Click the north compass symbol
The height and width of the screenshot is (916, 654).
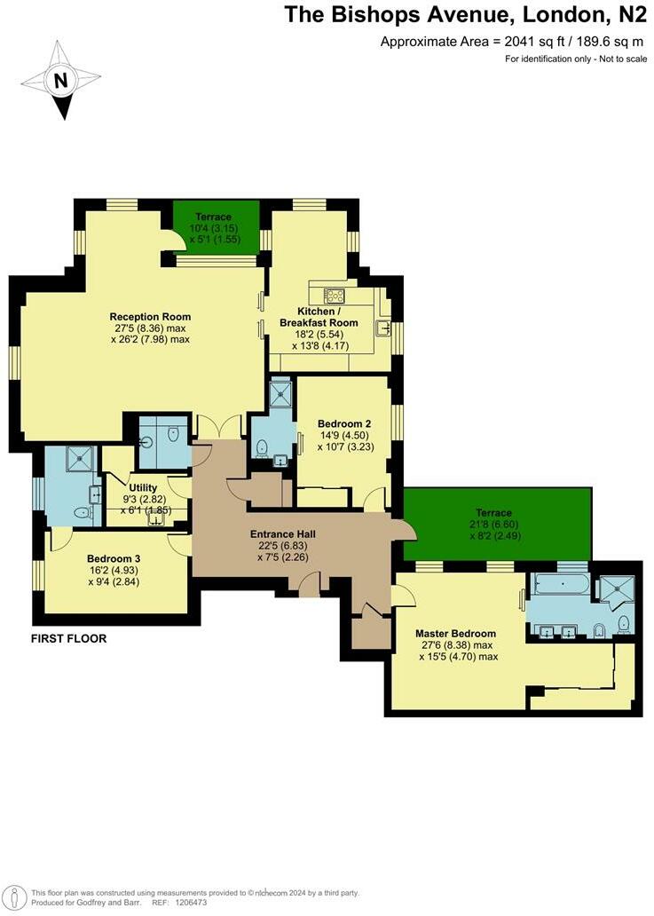(x=60, y=81)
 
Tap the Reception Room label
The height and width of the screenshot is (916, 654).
(x=150, y=317)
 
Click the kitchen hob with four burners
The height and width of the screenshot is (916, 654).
(x=335, y=296)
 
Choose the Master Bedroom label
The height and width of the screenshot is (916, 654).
(x=455, y=634)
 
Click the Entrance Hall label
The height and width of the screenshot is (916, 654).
(x=281, y=534)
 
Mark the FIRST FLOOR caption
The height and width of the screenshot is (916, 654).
(x=69, y=638)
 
